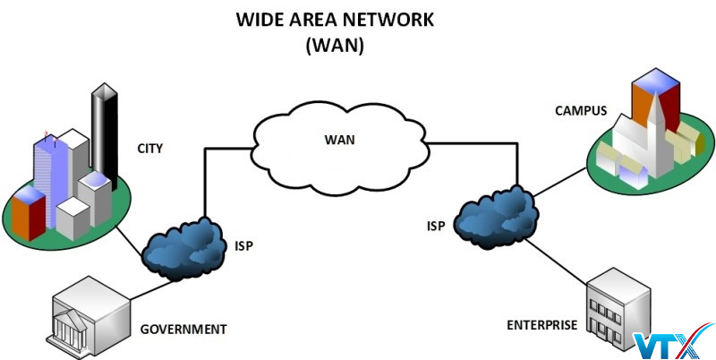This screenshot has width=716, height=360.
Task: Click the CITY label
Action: pos(150,148)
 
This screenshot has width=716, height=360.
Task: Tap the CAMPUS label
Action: pos(581,112)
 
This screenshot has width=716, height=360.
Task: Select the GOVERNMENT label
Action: pos(183,329)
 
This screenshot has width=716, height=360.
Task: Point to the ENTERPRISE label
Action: pos(542,325)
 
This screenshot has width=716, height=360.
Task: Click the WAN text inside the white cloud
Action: pos(340,140)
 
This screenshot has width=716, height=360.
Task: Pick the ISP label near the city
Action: pos(244,244)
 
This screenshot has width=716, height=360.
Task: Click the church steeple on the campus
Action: pos(656,125)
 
